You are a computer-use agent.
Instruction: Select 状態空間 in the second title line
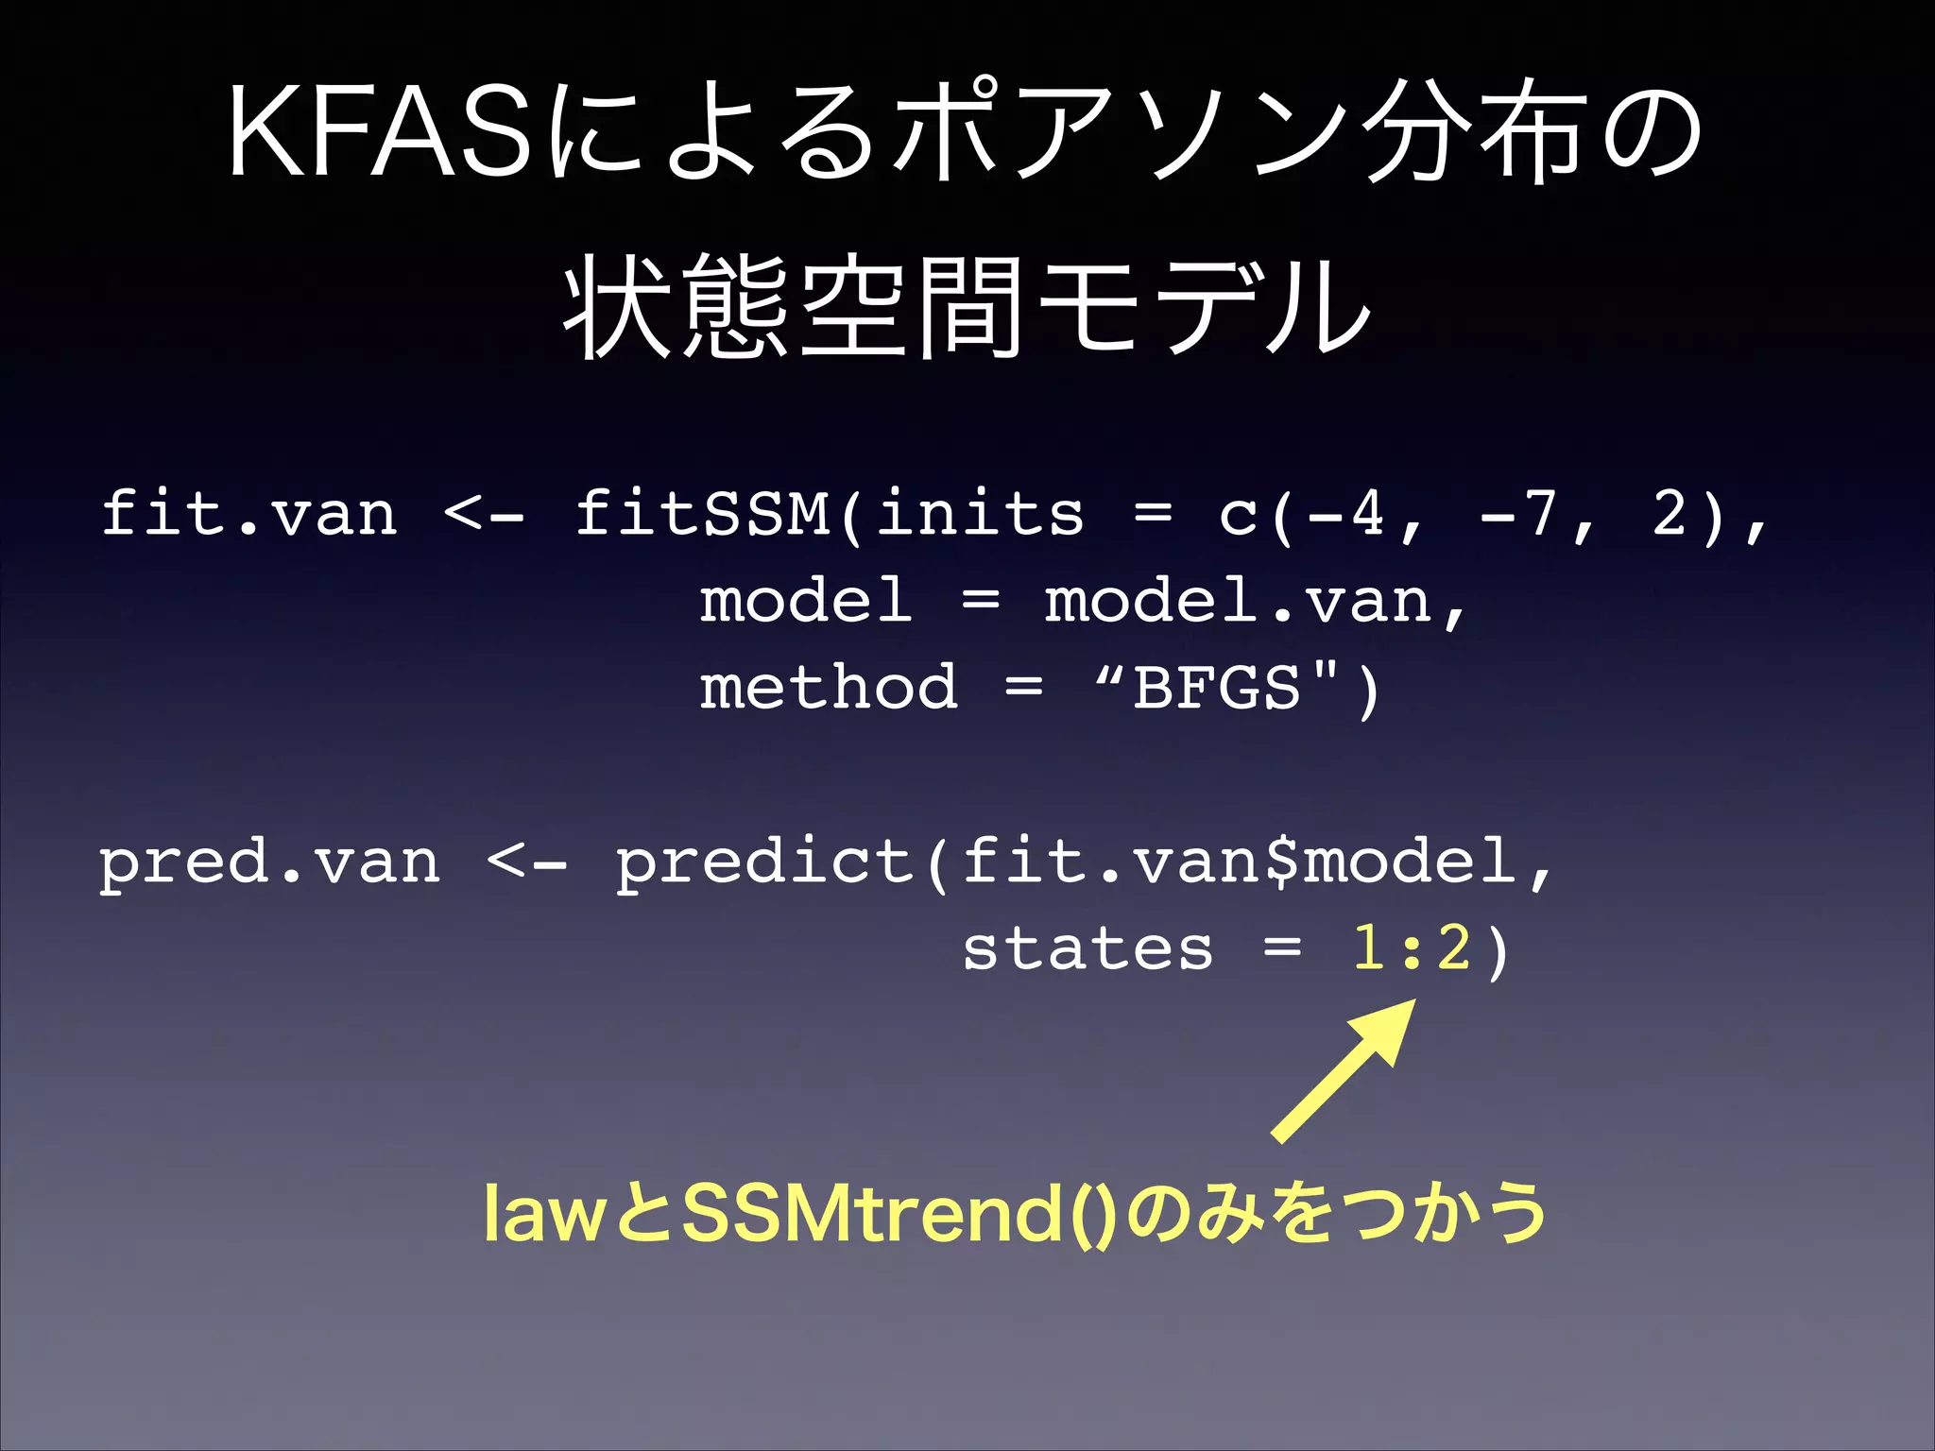pos(792,307)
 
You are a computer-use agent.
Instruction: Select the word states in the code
pos(1087,949)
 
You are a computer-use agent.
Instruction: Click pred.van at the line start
pos(269,863)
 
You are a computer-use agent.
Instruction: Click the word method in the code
pos(828,688)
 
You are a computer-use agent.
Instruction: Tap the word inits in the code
pos(980,514)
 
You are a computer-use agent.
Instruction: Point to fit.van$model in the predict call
pos(1238,863)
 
